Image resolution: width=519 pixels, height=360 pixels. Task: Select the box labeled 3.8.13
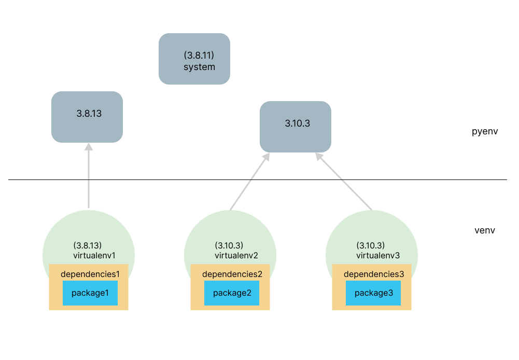tap(87, 117)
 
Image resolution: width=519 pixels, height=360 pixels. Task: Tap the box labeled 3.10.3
tap(295, 126)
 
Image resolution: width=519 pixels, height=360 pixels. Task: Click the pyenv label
tap(485, 131)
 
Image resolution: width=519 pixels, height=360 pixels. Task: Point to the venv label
tap(485, 230)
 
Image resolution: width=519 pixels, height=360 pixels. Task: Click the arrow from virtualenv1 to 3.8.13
tap(89, 176)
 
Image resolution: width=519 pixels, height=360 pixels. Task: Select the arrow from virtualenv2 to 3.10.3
tap(248, 182)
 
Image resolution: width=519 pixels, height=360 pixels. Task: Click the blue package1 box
tap(90, 293)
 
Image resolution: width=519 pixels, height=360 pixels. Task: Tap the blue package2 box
tap(232, 293)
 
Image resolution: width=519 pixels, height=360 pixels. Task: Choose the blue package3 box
tap(373, 293)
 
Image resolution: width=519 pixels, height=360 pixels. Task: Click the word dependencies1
tap(90, 273)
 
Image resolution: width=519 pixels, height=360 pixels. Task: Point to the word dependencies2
tap(232, 273)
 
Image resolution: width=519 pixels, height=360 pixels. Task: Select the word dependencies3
tap(373, 273)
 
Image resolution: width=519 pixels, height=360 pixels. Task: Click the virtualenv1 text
tap(94, 255)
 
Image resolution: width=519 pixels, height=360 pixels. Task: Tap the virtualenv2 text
tap(236, 255)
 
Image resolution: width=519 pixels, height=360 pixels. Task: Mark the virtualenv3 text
tap(377, 255)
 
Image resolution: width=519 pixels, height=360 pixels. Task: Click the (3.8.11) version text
tap(199, 55)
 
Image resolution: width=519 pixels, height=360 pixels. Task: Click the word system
tap(199, 67)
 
